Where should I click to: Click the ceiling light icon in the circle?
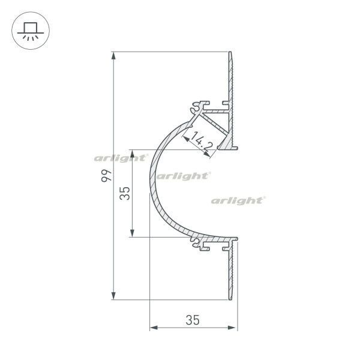pos(28,29)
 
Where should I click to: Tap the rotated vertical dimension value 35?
pos(125,193)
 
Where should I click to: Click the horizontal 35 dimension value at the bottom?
pos(192,320)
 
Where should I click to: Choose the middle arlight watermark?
pos(183,176)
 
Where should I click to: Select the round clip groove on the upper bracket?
pos(196,109)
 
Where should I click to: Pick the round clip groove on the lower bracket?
pos(196,243)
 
